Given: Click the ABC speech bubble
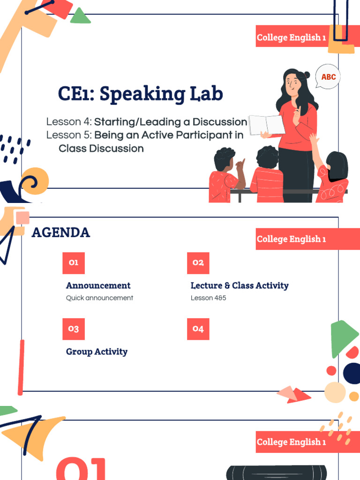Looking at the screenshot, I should (328, 77).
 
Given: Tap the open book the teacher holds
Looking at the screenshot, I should (266, 125).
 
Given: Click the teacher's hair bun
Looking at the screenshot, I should (306, 75).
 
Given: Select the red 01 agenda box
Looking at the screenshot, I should (74, 262).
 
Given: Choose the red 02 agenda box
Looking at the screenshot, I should (198, 262).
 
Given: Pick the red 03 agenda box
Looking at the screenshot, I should (74, 329).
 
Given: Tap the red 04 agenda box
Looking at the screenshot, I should (198, 329).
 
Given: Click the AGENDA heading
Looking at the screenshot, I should (61, 232).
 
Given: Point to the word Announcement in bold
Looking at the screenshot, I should (98, 285).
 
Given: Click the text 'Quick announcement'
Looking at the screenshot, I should (99, 298).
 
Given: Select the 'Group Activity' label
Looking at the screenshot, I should (97, 352).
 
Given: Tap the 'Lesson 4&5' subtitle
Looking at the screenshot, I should (208, 298).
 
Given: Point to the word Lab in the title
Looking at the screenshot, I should (206, 94).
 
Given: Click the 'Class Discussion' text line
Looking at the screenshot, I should (101, 149).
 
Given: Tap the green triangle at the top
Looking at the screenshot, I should (80, 17).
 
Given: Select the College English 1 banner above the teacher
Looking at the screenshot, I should (291, 37).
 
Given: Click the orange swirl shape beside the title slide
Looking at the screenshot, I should (36, 180).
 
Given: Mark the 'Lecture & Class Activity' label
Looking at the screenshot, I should (240, 285).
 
